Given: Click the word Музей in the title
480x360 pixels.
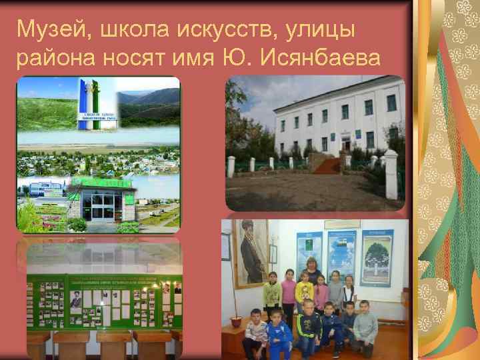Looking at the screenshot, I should pyautogui.click(x=46, y=29).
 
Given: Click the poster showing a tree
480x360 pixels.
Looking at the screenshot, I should pyautogui.click(x=377, y=257).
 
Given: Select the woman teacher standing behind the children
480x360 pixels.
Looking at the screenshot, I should pyautogui.click(x=311, y=273).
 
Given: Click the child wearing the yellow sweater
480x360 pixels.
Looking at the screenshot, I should pyautogui.click(x=304, y=293).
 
